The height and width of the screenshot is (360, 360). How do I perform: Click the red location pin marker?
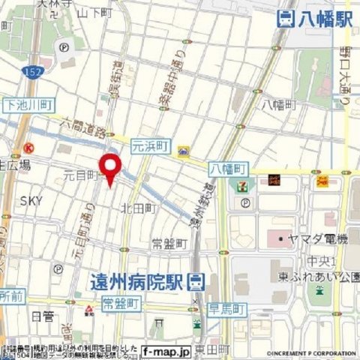110,167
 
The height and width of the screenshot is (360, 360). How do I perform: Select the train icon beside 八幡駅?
286,19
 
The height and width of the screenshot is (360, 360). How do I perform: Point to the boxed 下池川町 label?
24,106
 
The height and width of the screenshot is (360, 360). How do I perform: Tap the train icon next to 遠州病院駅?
194,282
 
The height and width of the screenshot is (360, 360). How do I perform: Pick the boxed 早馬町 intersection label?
225,309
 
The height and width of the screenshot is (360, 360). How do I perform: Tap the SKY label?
31,200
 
